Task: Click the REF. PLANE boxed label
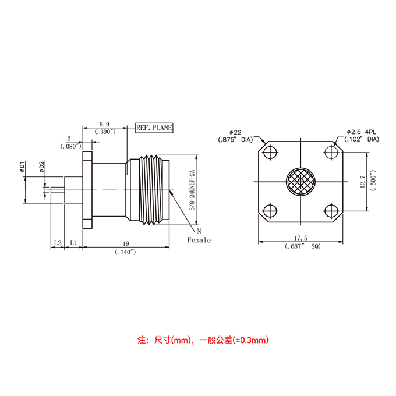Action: pyautogui.click(x=154, y=128)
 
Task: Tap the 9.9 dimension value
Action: pyautogui.click(x=104, y=124)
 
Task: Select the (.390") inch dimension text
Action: pyautogui.click(x=105, y=132)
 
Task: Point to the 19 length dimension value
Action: pyautogui.click(x=126, y=243)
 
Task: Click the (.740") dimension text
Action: pyautogui.click(x=125, y=252)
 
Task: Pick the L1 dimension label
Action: pyautogui.click(x=73, y=243)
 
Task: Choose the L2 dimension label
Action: pyautogui.click(x=58, y=243)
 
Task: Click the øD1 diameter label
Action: pyautogui.click(x=22, y=167)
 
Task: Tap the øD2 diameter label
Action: pyautogui.click(x=42, y=167)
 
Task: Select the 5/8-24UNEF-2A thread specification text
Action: pyautogui.click(x=192, y=190)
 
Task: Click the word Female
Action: pyautogui.click(x=199, y=240)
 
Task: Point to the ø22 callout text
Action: pyautogui.click(x=235, y=132)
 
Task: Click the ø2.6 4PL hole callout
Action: pyautogui.click(x=362, y=132)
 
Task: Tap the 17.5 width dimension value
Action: pyautogui.click(x=300, y=238)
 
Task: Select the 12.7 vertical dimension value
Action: pyautogui.click(x=363, y=182)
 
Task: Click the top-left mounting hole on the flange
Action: pyautogui.click(x=270, y=153)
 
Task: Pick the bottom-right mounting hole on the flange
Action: pyautogui.click(x=331, y=211)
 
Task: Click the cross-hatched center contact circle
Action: pyautogui.click(x=300, y=182)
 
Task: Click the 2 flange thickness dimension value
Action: pyautogui.click(x=69, y=139)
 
